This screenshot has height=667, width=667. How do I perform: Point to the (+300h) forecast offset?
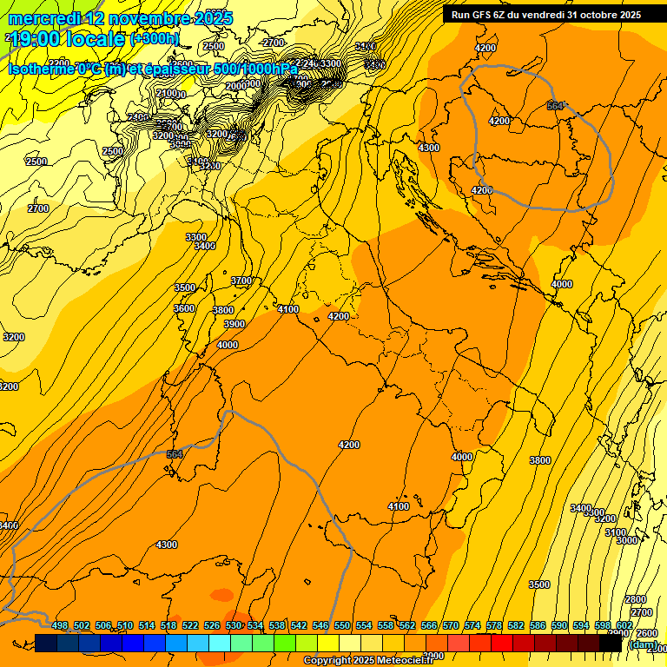[x=155, y=39]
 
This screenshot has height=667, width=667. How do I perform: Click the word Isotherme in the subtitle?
[x=41, y=69]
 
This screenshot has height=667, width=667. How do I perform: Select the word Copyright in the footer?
[x=327, y=661]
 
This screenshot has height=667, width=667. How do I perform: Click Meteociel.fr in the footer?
[x=403, y=661]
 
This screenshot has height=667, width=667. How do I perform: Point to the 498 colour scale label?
[x=60, y=625]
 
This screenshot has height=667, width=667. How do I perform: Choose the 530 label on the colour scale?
[x=234, y=625]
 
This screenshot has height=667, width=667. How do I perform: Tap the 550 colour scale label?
[x=342, y=625]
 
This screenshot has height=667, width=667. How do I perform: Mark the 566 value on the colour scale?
[x=429, y=625]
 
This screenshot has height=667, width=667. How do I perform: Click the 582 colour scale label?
[x=516, y=625]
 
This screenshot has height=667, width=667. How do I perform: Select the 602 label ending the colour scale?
[x=624, y=625]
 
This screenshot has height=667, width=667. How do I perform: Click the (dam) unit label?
[x=643, y=644]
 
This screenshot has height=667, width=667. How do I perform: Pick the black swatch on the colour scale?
[x=611, y=643]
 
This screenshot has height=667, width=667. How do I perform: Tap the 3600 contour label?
[x=184, y=308]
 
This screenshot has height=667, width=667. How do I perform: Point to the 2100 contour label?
[x=167, y=93]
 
